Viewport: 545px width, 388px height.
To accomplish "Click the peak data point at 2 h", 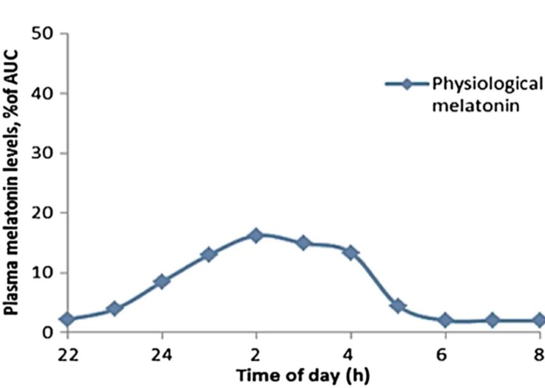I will click(256, 235).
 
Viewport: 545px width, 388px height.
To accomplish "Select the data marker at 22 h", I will click(67, 319).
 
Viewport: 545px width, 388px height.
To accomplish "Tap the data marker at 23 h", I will click(114, 309).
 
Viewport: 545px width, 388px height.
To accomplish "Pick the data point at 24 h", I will click(162, 281).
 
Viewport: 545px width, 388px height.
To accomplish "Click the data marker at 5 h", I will click(398, 305).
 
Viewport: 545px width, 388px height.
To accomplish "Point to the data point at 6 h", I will click(445, 320).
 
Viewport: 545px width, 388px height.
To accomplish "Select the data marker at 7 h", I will click(492, 320).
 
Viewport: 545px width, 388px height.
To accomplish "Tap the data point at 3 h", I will click(304, 243).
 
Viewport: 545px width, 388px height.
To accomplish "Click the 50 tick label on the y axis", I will click(48, 34).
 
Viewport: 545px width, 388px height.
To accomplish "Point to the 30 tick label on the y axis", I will click(48, 153).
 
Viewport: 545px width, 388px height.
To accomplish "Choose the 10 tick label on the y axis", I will click(48, 273).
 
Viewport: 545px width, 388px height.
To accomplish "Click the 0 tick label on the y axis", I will click(53, 332).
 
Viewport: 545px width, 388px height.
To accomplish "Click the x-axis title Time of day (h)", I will click(304, 375).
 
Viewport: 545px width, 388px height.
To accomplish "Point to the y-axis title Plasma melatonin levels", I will click(12, 182).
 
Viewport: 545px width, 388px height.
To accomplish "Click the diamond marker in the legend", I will click(407, 84).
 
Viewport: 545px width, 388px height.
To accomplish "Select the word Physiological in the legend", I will click(487, 85).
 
